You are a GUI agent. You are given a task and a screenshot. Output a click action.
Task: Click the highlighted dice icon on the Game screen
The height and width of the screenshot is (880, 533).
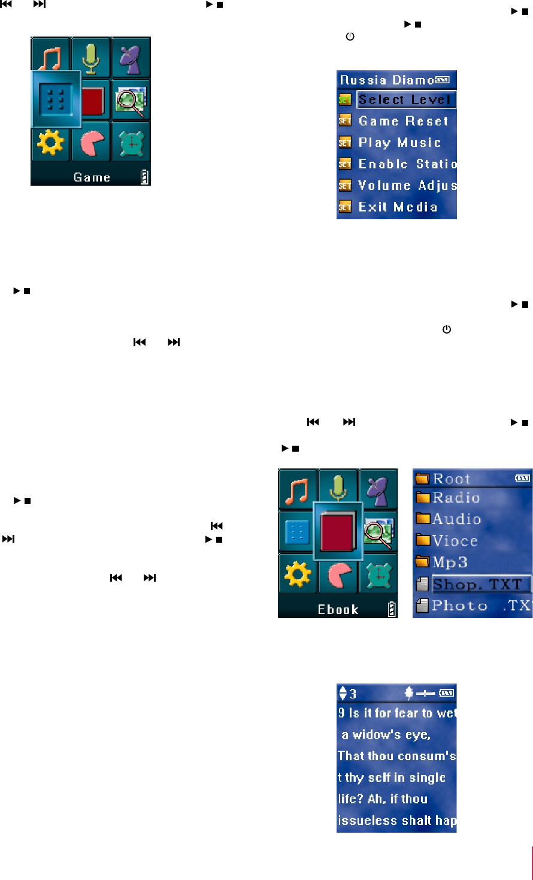56,99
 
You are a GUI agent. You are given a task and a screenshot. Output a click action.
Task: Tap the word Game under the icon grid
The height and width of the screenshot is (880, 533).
92,177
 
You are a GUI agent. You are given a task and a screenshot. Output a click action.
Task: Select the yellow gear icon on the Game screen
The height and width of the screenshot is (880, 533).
50,142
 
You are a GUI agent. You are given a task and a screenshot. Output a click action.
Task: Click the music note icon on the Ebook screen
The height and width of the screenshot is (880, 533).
298,489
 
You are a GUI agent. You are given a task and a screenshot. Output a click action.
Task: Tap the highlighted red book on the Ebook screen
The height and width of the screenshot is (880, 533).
338,531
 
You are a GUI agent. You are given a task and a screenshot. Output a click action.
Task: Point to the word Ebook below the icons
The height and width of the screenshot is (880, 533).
338,609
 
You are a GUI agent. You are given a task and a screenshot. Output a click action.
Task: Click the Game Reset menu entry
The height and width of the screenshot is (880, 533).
403,121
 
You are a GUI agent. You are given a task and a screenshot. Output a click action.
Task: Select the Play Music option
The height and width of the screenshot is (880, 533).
399,143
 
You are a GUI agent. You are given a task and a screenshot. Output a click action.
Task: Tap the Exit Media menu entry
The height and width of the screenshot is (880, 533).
398,207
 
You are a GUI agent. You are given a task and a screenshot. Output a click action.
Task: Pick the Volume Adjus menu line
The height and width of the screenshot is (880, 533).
407,186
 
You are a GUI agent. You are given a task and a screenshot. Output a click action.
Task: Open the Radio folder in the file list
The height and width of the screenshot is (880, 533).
456,498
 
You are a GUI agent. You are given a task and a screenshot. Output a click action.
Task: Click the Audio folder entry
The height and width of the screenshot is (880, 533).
456,519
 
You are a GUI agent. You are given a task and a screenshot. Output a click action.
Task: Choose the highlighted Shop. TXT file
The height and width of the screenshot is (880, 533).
477,584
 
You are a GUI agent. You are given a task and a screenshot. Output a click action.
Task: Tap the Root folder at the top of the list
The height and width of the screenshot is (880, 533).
452,479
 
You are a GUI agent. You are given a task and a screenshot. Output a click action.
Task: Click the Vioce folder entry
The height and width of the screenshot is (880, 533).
455,541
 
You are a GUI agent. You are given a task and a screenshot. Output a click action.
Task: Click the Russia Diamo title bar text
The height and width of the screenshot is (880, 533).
387,80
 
